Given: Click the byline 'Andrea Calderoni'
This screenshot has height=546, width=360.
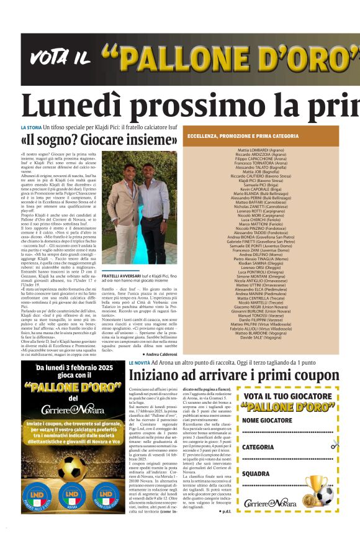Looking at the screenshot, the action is tap(163, 354).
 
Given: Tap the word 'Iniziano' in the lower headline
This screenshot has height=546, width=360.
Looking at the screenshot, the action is tap(154, 375).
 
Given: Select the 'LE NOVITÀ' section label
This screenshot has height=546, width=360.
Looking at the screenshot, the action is tap(138, 362).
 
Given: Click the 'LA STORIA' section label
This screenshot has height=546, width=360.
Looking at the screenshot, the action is tap(31, 127).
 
